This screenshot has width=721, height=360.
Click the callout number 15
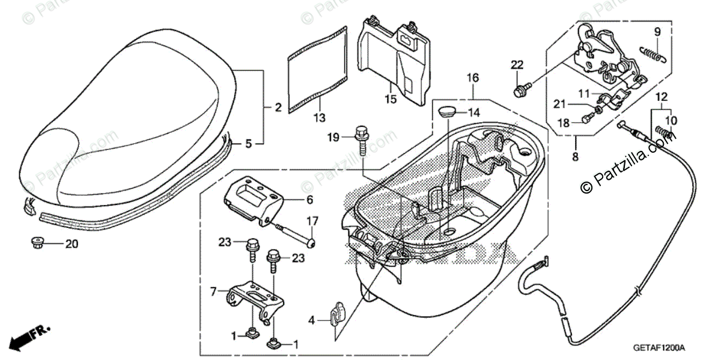pos(391,99)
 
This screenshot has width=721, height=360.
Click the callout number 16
pos(472,78)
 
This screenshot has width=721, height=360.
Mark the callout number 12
pos(661,97)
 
